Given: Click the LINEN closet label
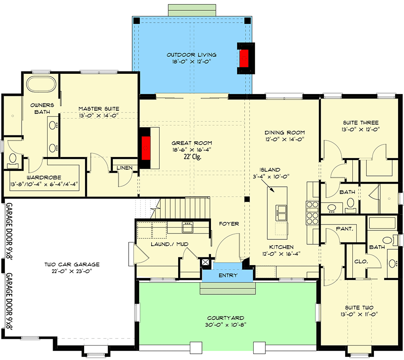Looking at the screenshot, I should [124, 168].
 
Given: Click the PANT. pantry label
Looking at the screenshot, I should [344, 229].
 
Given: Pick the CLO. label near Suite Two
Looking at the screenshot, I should [361, 261].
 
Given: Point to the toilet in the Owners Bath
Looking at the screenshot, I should [12, 159].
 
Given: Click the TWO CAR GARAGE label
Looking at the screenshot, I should [72, 265].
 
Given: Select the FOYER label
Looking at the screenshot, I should [229, 224].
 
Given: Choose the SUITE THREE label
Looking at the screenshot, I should [360, 122].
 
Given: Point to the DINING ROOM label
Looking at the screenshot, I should [284, 132].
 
